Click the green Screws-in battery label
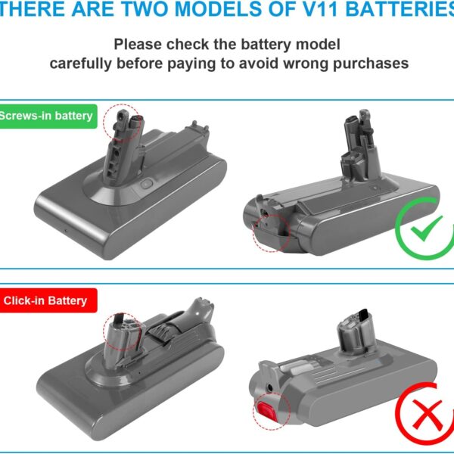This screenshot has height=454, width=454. tap(48, 116)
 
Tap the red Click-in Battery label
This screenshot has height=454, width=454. tap(48, 300)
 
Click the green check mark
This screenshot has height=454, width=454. tap(426, 229)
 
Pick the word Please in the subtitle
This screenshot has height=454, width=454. tap(138, 45)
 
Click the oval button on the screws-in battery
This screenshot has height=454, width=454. tap(147, 184)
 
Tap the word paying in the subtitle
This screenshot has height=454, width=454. tap(191, 64)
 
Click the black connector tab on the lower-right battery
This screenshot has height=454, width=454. tap(363, 313)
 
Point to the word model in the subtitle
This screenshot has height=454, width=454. tap(319, 45)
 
